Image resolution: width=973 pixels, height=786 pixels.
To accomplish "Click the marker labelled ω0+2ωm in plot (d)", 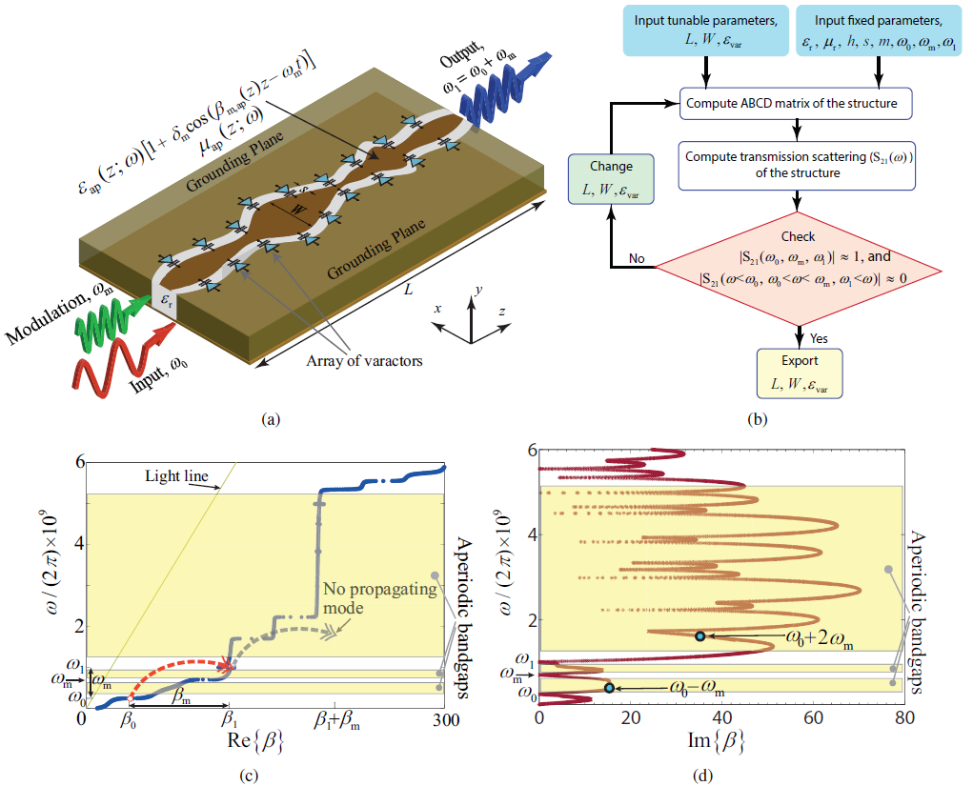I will coord(699,635).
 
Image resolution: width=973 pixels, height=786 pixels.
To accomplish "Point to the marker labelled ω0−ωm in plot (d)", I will coord(609,687).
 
